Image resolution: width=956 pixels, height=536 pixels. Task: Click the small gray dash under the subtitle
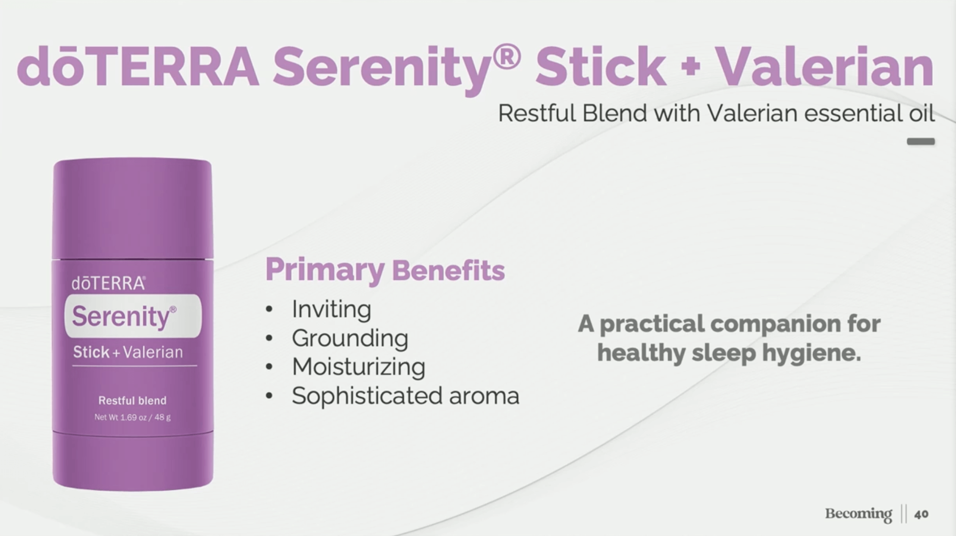pyautogui.click(x=921, y=142)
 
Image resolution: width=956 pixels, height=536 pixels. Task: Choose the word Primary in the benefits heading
pyautogui.click(x=324, y=271)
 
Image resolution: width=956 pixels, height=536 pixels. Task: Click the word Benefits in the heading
pyautogui.click(x=448, y=271)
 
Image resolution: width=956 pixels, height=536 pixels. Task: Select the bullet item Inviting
pyautogui.click(x=331, y=309)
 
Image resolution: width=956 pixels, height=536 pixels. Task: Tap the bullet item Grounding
pyautogui.click(x=350, y=338)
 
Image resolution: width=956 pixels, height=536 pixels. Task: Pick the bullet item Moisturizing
pyautogui.click(x=358, y=367)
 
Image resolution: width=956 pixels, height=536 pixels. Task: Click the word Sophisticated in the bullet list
pyautogui.click(x=367, y=396)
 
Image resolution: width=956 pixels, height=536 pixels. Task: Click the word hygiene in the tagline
pyautogui.click(x=811, y=353)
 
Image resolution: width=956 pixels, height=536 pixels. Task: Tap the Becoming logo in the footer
pyautogui.click(x=859, y=514)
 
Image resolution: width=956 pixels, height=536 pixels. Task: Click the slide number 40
pyautogui.click(x=921, y=514)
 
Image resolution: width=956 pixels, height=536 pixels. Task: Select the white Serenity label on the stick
pyautogui.click(x=133, y=316)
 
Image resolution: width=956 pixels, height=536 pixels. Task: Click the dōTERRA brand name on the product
pyautogui.click(x=108, y=284)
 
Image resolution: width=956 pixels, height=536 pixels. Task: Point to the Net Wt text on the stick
pyautogui.click(x=132, y=417)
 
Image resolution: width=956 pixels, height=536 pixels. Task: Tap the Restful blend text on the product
pyautogui.click(x=132, y=400)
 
